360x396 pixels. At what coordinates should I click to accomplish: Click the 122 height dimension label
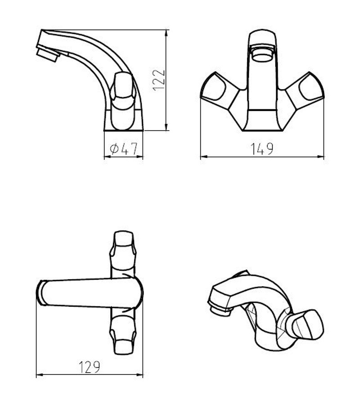(x=159, y=80)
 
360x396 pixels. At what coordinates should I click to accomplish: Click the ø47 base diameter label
(x=124, y=148)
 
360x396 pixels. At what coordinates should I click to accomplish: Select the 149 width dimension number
(x=262, y=149)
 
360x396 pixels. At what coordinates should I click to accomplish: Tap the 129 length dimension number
(x=90, y=367)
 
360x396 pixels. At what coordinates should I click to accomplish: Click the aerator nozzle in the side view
(x=48, y=54)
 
